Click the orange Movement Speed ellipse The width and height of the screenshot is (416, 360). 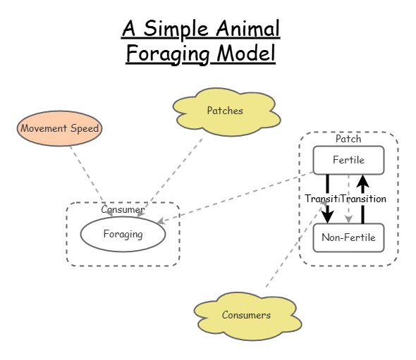[60, 128]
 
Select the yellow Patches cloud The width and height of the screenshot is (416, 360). [225, 111]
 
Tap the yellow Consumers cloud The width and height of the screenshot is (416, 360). [246, 315]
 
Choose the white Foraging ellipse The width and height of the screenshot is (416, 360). [123, 235]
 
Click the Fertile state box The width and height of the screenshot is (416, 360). [348, 160]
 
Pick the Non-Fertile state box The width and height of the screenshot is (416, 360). [348, 237]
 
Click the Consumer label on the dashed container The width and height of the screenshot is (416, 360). [123, 209]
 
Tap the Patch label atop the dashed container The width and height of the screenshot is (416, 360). [348, 139]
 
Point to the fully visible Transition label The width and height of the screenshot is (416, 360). [364, 199]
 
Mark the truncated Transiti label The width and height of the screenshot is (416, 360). [322, 199]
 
